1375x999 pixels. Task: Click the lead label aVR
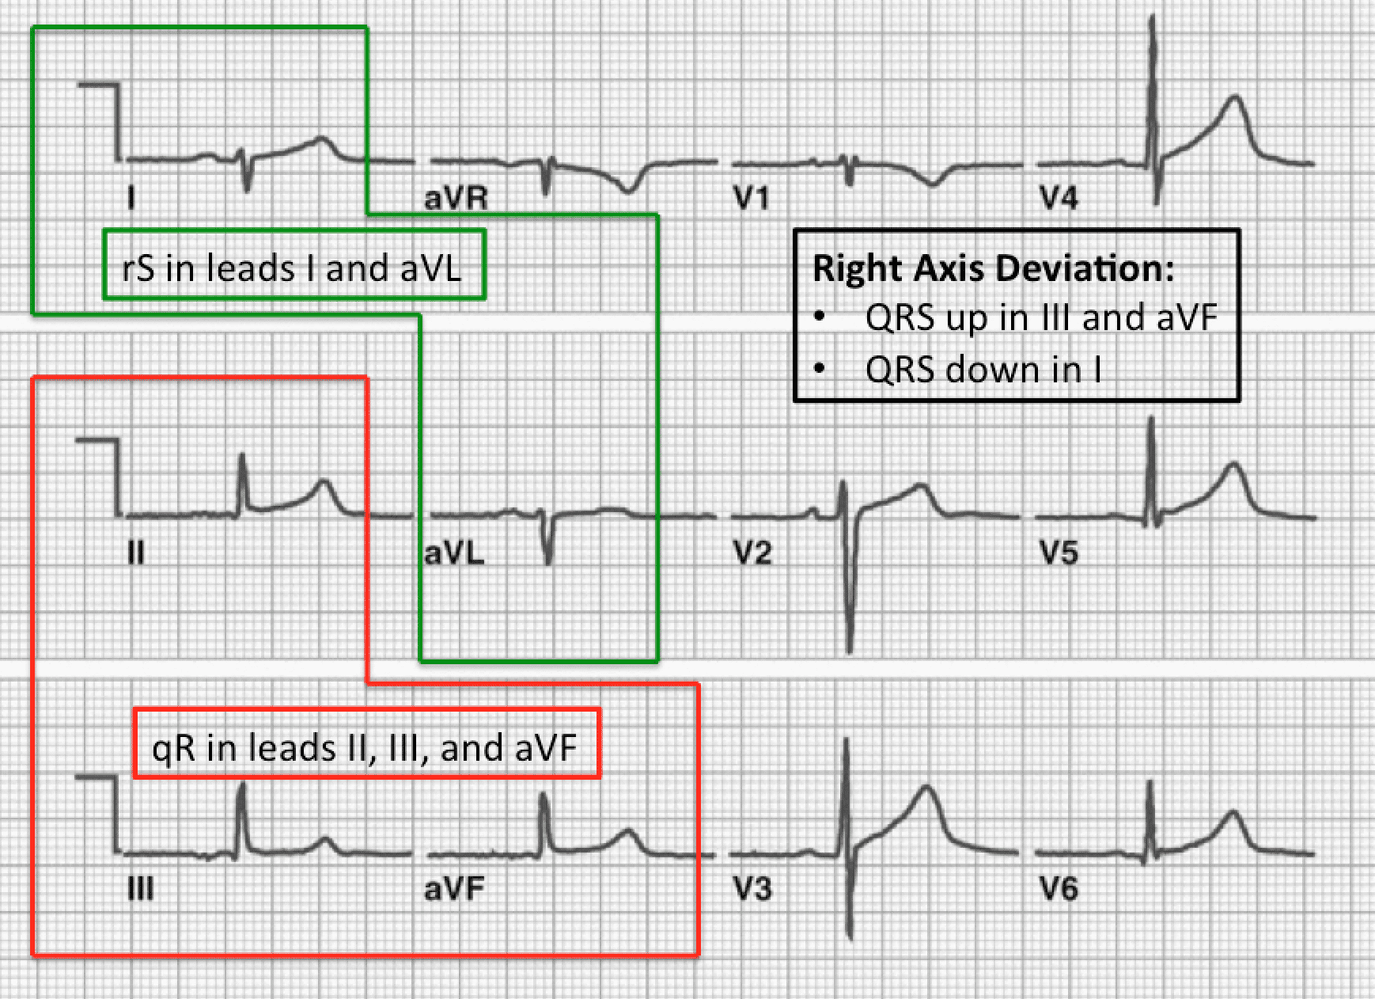pos(456,198)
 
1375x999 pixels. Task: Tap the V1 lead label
pos(751,198)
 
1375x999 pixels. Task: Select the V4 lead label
pos(1059,198)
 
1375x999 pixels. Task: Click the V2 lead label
pos(752,553)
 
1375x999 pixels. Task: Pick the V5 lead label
pos(1059,553)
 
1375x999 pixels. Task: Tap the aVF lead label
pos(454,889)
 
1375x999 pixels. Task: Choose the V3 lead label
pos(752,889)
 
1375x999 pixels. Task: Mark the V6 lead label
pos(1059,889)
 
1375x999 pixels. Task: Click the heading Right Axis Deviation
pos(994,268)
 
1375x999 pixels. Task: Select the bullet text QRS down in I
pos(983,370)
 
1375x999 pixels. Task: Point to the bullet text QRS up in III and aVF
pos(1041,318)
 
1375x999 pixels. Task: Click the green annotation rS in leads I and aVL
pos(292,268)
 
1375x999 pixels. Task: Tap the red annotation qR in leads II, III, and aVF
pos(365,748)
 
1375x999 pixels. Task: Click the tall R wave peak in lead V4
pos(1153,17)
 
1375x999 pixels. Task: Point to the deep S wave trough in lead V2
pos(850,651)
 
